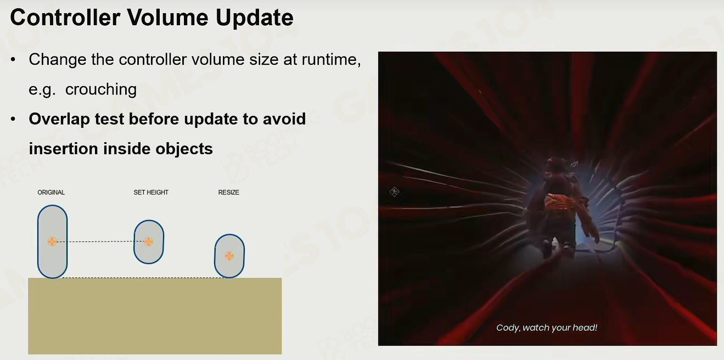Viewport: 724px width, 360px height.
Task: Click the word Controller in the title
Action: (x=65, y=18)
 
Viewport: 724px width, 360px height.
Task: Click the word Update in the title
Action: (x=254, y=18)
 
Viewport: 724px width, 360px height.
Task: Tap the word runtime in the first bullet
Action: (x=331, y=59)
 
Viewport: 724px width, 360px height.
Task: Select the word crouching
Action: (x=101, y=89)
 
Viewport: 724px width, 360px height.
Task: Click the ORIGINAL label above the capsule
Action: (x=51, y=192)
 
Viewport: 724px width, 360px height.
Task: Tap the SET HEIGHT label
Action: (x=151, y=192)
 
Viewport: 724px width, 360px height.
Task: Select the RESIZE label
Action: (x=228, y=192)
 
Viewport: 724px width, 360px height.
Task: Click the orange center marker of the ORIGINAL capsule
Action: (x=52, y=241)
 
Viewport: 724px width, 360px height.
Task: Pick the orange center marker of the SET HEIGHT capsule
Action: (x=148, y=241)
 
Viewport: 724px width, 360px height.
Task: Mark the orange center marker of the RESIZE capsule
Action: (x=229, y=256)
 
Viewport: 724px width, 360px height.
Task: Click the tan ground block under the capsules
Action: (x=155, y=316)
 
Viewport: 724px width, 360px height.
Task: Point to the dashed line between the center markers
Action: (x=100, y=241)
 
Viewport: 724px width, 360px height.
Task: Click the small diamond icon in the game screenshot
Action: (x=394, y=192)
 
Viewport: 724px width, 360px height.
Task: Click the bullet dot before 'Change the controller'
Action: (x=13, y=60)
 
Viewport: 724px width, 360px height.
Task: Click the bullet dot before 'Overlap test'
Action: (x=13, y=119)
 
